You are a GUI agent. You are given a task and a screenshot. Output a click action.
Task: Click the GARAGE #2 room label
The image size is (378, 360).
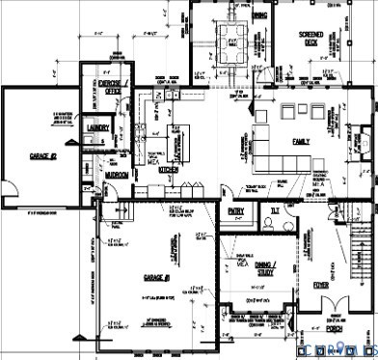click(43, 155)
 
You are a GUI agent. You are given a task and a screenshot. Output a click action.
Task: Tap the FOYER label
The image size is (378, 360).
click(325, 286)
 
